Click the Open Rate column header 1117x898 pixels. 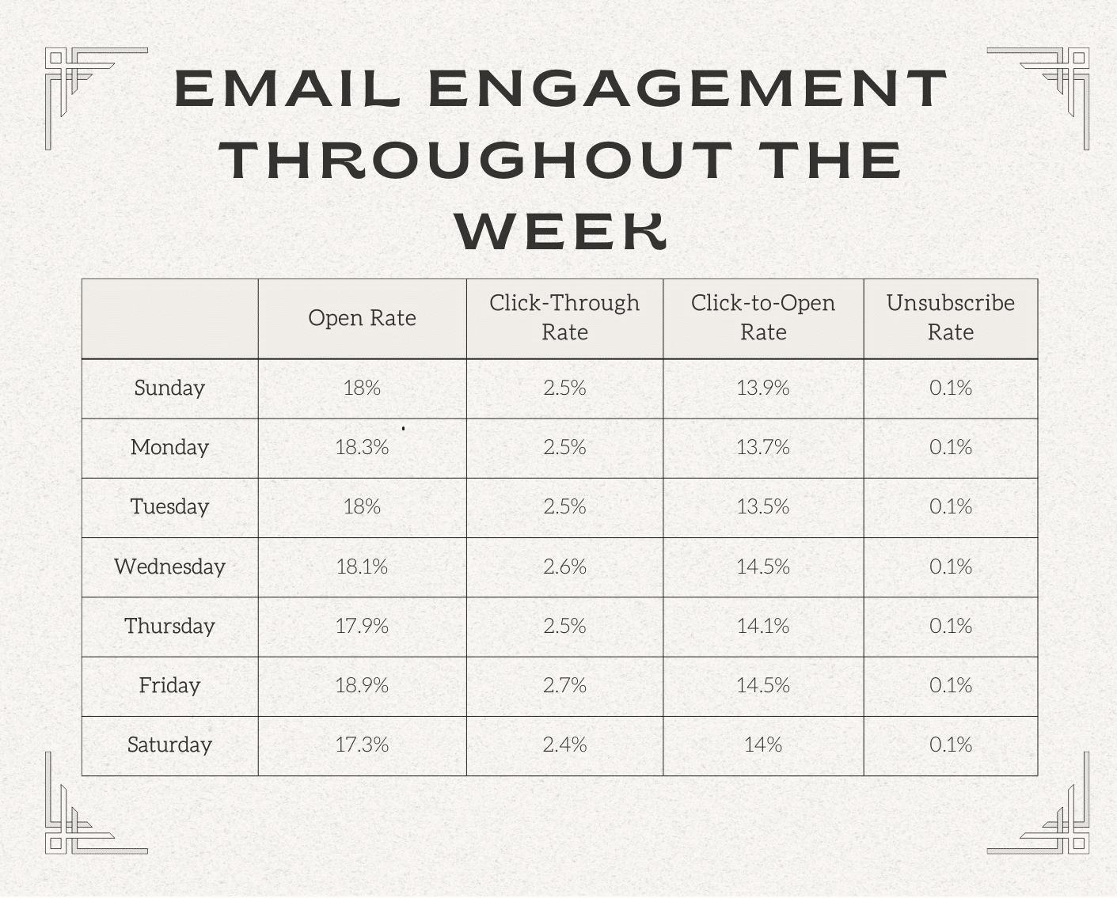[x=362, y=318]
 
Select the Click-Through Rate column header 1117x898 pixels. [x=564, y=317]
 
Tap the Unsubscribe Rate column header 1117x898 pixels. [x=950, y=317]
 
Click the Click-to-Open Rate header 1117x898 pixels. [x=762, y=317]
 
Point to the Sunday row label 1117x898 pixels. [x=169, y=388]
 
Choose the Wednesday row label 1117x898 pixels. [x=169, y=566]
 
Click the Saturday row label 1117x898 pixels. [x=169, y=745]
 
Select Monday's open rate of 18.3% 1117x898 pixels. [x=362, y=447]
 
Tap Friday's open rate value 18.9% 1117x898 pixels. [x=362, y=685]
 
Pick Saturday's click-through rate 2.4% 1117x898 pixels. [x=564, y=745]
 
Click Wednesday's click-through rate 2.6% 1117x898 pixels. [x=564, y=566]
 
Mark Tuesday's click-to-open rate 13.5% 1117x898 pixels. [x=762, y=506]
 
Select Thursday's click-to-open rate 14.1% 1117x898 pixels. [x=762, y=626]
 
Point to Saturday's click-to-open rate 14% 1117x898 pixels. [x=762, y=745]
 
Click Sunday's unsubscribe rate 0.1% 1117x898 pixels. [x=950, y=388]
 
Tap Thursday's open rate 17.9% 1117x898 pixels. [x=362, y=626]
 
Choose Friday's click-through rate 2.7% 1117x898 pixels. [x=564, y=685]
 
